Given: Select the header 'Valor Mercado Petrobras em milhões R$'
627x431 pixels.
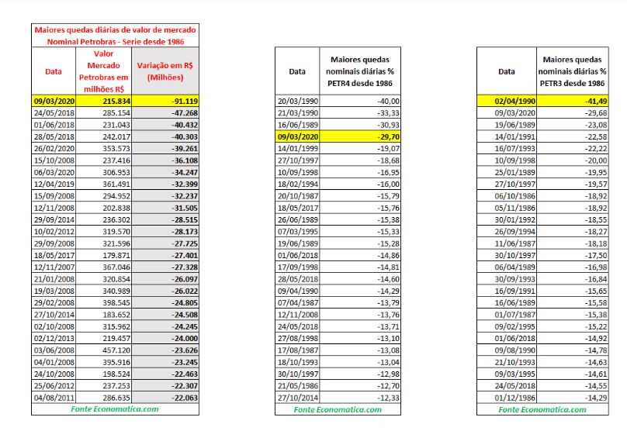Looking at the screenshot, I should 104,71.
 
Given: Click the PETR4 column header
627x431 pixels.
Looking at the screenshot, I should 359,71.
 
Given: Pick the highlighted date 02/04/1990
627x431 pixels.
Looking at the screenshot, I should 506,102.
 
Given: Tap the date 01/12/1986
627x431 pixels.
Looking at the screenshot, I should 506,398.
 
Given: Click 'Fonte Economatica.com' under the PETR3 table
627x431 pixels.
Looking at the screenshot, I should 542,409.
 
